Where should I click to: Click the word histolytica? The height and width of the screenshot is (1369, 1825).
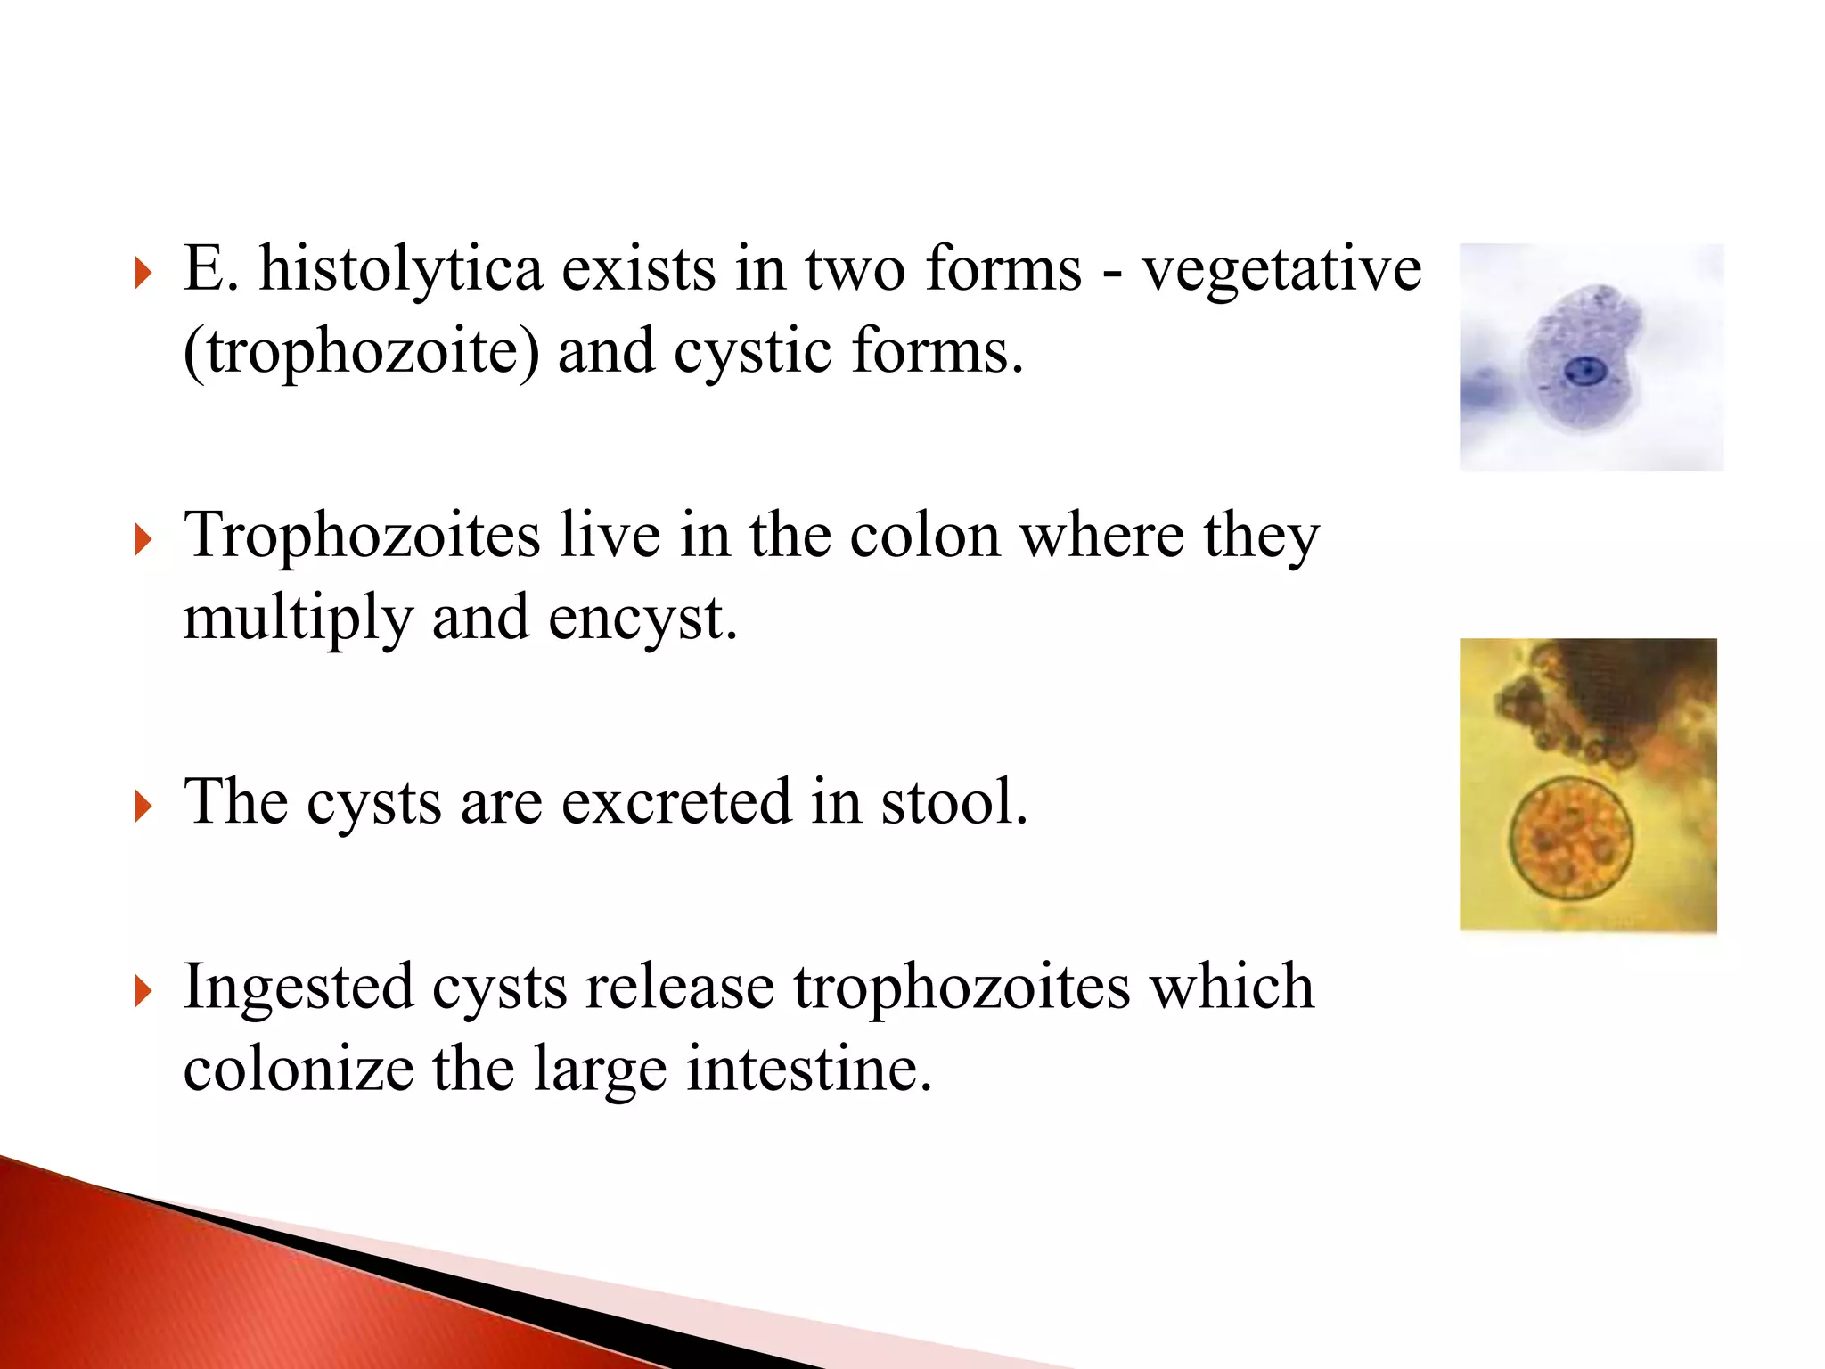(x=401, y=269)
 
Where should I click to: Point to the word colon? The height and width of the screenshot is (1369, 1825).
(x=925, y=537)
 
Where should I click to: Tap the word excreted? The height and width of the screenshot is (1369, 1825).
(x=676, y=801)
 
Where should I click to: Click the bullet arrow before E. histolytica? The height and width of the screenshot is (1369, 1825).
(x=143, y=273)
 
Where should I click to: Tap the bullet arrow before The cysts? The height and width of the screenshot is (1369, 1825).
(x=143, y=807)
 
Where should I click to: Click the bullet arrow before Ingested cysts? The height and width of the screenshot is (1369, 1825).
(x=143, y=991)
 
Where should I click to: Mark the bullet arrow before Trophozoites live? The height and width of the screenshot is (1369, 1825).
(x=143, y=540)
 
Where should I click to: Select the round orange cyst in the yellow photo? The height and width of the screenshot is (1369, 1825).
(x=1570, y=838)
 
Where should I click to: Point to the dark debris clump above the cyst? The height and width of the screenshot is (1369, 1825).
(x=1604, y=695)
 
